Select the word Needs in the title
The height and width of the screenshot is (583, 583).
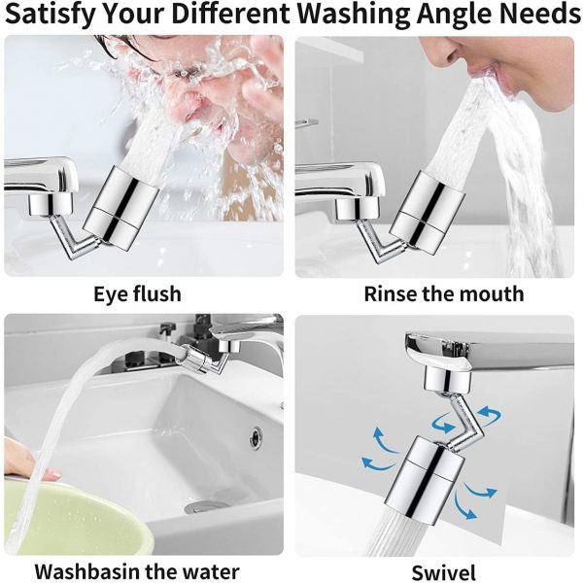pyautogui.click(x=537, y=17)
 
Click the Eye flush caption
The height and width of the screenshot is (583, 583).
pyautogui.click(x=137, y=293)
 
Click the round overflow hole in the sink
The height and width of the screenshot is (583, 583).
pyautogui.click(x=255, y=437)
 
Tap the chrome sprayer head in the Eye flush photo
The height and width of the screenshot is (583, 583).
pyautogui.click(x=125, y=204)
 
